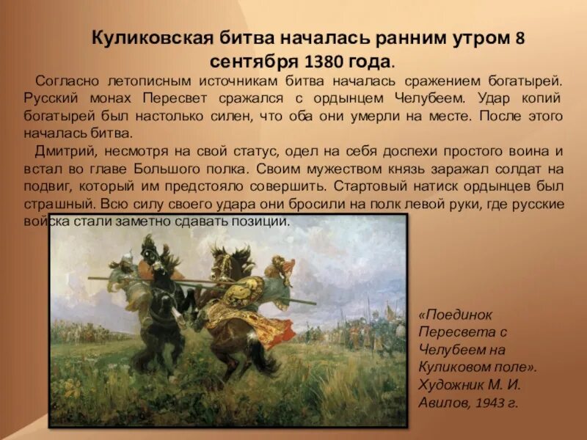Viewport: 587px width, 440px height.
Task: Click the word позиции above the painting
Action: pos(258,221)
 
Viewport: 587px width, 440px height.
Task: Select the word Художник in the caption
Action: pos(447,384)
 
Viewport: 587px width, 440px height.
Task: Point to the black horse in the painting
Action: pos(158,308)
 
